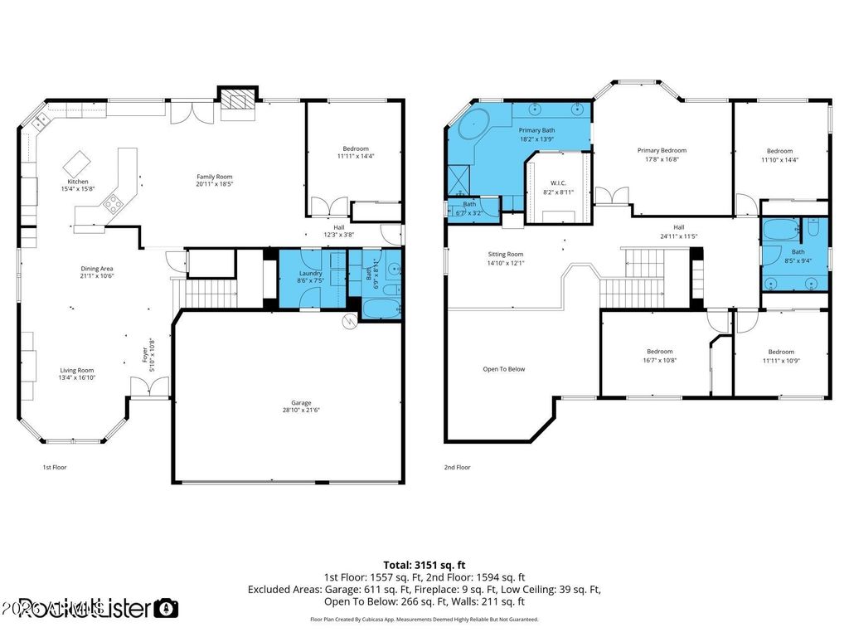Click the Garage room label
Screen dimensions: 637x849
point(289,402)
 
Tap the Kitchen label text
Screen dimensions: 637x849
point(78,182)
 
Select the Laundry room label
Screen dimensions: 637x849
point(311,273)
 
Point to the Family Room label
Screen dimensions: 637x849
point(214,176)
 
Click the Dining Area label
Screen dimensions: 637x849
point(97,269)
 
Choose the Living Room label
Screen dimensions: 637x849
point(76,371)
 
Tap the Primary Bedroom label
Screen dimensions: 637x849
point(662,151)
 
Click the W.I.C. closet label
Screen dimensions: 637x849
point(558,183)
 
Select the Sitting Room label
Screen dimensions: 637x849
point(505,255)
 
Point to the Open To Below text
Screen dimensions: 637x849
point(504,369)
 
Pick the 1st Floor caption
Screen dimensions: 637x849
point(55,468)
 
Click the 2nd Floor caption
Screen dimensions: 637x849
point(458,468)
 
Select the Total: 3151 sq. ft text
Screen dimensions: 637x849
point(424,564)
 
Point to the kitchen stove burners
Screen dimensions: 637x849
point(114,202)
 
